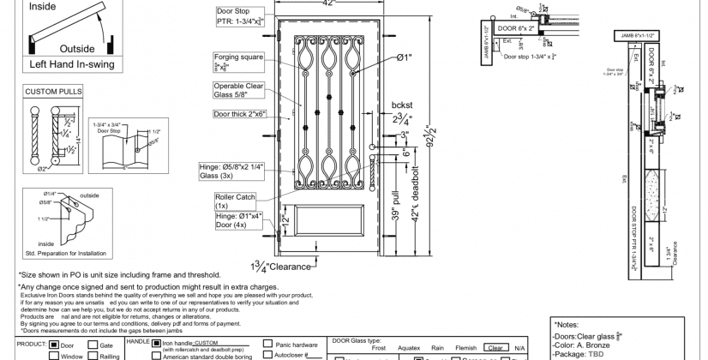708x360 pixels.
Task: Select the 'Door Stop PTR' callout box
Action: click(238, 18)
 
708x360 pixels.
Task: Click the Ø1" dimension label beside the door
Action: click(405, 57)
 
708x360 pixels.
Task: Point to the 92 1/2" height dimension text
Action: click(427, 137)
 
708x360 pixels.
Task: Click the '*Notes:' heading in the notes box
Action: click(569, 325)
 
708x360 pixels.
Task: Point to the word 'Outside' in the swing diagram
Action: click(76, 48)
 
